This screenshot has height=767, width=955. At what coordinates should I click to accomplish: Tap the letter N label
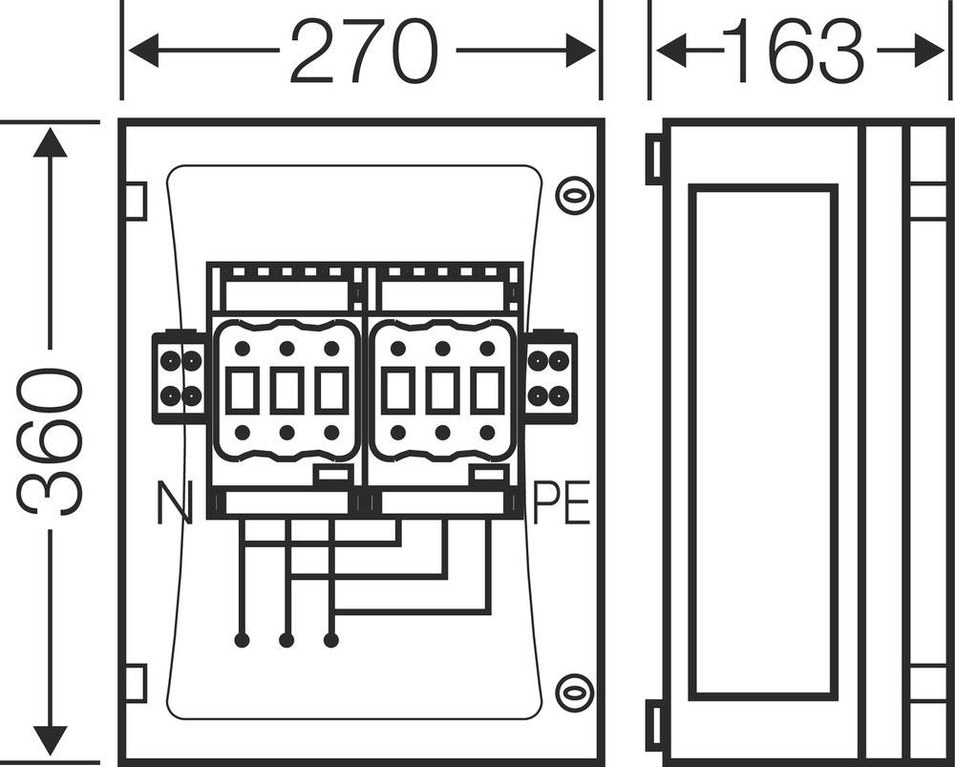174,503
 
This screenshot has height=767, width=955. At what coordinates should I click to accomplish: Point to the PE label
562,503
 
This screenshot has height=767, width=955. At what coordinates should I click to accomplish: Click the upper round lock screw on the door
574,196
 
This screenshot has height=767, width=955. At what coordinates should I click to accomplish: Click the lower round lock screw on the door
574,690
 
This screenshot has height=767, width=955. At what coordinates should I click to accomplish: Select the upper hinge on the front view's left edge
136,202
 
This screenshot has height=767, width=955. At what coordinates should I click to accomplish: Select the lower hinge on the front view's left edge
136,684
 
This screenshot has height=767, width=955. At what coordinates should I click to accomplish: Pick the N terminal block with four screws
180,377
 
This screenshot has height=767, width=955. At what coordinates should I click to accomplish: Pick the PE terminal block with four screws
549,377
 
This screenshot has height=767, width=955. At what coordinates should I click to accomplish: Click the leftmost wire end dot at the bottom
241,640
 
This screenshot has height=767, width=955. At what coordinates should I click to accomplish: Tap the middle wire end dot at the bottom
286,640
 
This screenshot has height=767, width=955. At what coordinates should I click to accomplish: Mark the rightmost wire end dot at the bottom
331,640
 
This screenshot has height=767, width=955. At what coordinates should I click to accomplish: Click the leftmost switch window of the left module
243,391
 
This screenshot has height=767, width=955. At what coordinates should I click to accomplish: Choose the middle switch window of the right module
442,391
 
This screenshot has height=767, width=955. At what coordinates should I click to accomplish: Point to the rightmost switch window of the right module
487,391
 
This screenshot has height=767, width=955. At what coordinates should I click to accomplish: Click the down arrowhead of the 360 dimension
51,740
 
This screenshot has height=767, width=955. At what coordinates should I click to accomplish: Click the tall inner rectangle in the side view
762,442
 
